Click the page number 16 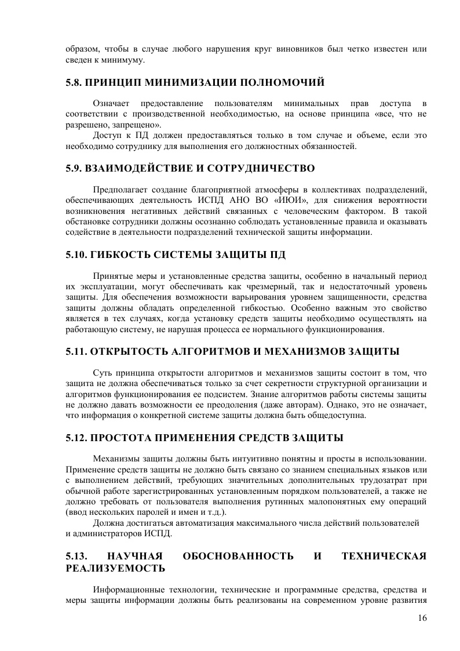tap(422, 618)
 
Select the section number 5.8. tap(74, 82)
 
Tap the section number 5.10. tap(77, 255)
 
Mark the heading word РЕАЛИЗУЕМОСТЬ tap(116, 569)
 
